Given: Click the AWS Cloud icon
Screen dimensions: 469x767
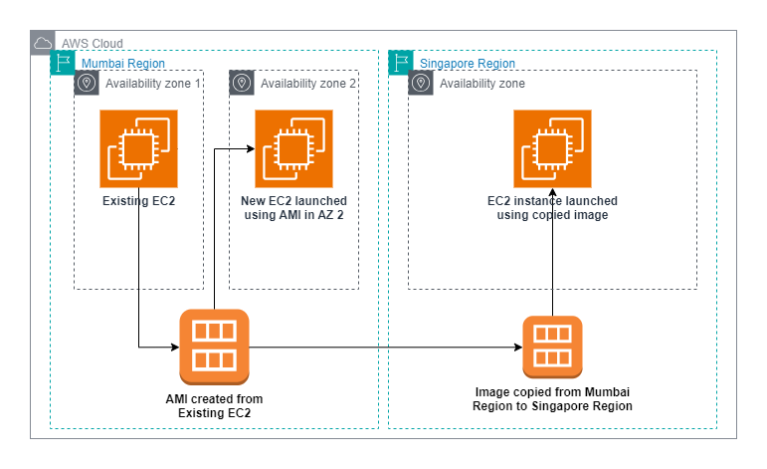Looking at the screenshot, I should point(43,43).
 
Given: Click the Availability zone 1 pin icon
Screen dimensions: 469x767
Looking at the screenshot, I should point(87,83).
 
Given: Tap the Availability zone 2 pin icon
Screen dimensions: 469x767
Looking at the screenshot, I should point(242,83).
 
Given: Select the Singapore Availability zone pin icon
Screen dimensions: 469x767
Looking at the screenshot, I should point(421,83).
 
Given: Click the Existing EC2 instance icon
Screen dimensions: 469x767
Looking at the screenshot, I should point(138,148).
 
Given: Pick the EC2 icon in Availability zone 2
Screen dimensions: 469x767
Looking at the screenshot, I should point(293,148).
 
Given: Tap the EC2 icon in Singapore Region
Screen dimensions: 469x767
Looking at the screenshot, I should point(552,148).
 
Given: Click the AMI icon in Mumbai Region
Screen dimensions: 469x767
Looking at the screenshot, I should point(214,347).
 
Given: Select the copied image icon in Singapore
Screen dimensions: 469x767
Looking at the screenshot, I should point(552,347).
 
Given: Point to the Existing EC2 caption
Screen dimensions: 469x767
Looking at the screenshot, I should point(138,201).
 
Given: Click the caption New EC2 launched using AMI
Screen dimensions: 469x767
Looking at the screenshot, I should point(294,208).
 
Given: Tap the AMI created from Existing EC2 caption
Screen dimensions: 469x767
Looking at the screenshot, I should point(214,405).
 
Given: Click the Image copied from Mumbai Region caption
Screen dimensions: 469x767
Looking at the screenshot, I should point(553,398).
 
